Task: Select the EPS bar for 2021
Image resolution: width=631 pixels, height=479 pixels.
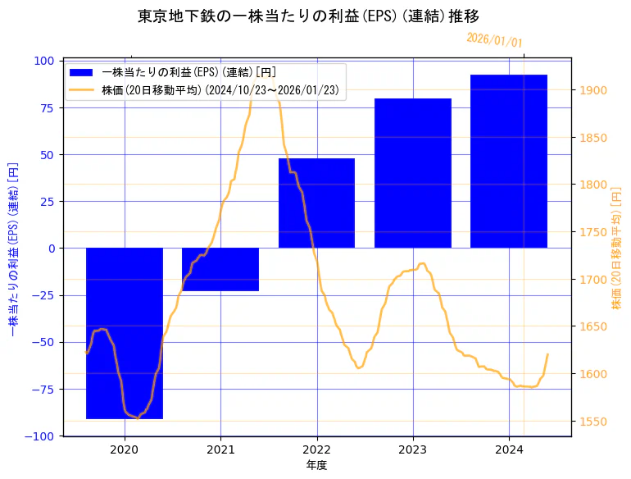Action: (x=220, y=269)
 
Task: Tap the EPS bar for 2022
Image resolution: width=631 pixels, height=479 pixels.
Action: (x=316, y=203)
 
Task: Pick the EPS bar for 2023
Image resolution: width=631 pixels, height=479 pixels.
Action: (x=413, y=173)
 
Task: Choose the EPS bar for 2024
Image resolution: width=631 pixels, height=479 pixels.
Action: (x=509, y=162)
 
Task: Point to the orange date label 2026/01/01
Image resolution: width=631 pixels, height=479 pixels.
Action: (x=494, y=40)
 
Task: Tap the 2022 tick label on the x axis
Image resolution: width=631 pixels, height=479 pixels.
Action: (x=316, y=449)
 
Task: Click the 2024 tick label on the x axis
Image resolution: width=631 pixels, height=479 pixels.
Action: (x=509, y=449)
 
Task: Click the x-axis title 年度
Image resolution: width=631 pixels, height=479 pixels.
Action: (x=316, y=465)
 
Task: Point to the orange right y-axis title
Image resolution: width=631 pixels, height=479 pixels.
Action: (x=617, y=248)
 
